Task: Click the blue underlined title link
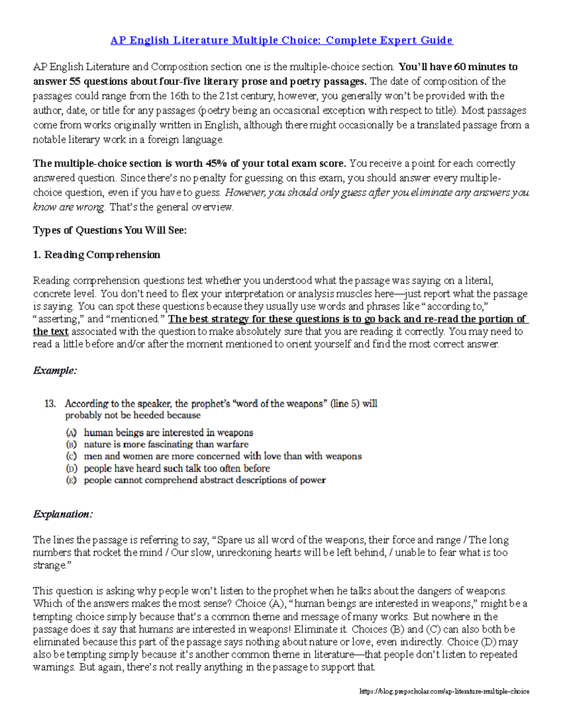pos(281,40)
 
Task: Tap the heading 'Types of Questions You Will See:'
pos(110,230)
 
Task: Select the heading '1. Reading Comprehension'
pos(97,255)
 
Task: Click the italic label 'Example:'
pos(55,371)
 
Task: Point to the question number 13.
pos(50,404)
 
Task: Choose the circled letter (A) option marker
pos(71,433)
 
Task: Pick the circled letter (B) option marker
pos(71,444)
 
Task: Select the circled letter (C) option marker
pos(71,456)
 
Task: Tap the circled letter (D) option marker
pos(71,468)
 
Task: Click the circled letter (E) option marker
pos(71,480)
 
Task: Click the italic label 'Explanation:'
pos(63,514)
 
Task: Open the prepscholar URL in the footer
pos(444,691)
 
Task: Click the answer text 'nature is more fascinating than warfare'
pos(166,444)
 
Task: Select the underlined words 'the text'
pos(51,332)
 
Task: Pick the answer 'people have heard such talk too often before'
pos(177,468)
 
